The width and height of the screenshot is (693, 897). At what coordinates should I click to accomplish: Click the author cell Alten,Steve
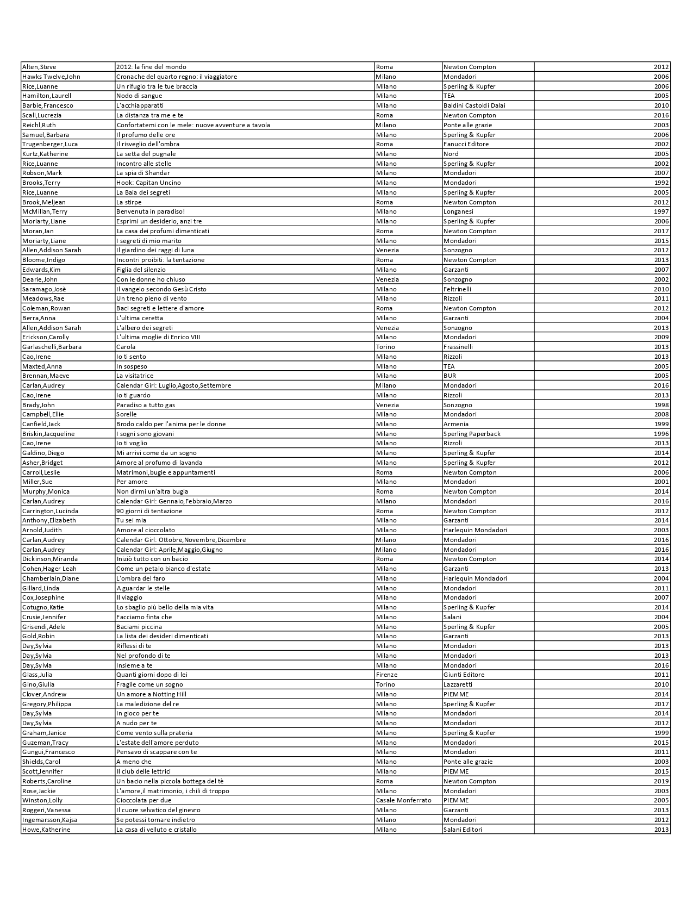click(39, 67)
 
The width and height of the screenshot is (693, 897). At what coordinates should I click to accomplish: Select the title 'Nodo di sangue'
click(139, 96)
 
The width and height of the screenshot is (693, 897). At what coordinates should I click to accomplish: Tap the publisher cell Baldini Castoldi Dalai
click(474, 105)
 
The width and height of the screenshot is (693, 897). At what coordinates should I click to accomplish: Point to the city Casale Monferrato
click(403, 800)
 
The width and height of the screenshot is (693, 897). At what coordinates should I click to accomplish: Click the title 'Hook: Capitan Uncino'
click(148, 183)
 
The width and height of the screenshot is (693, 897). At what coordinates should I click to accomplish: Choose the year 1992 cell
click(661, 183)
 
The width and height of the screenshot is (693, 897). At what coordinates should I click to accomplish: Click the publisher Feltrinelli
click(457, 289)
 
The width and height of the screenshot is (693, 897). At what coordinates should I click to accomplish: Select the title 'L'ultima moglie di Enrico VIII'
click(158, 337)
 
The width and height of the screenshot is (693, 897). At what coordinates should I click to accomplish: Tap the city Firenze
click(386, 675)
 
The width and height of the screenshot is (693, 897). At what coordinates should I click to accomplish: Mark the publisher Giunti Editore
click(464, 675)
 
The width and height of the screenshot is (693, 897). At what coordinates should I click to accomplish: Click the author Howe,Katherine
click(46, 830)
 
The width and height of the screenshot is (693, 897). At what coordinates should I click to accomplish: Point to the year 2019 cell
click(661, 781)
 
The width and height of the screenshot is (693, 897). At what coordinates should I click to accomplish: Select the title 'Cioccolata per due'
click(143, 800)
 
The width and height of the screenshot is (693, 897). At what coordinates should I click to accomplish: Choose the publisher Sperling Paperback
click(472, 434)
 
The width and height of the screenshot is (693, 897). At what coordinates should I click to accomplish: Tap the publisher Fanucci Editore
click(466, 144)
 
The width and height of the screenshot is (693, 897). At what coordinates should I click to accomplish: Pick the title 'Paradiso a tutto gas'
click(146, 405)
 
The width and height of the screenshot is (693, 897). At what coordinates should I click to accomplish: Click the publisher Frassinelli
click(458, 347)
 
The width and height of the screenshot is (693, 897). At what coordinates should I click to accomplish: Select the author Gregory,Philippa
click(47, 704)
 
